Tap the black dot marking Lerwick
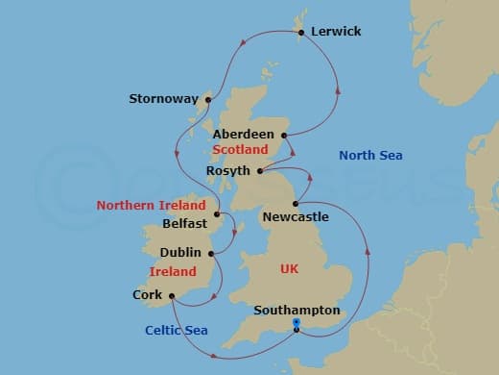[x=302, y=33]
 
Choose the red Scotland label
[x=240, y=151]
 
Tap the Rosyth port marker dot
[x=259, y=171]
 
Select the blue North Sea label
[x=371, y=156]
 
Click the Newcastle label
[x=296, y=217]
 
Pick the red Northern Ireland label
[x=151, y=206]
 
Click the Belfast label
[x=184, y=223]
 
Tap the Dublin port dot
[x=211, y=253]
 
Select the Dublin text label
[x=181, y=253]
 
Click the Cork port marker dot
[x=171, y=295]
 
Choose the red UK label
[x=290, y=269]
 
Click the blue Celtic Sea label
[x=177, y=331]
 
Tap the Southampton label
[x=297, y=311]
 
